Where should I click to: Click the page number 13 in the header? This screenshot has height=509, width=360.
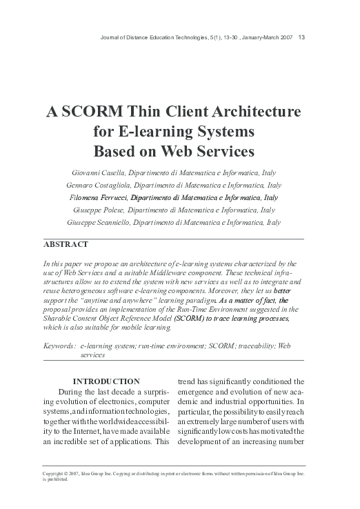[x=302, y=37]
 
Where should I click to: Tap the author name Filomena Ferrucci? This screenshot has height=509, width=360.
[x=104, y=198]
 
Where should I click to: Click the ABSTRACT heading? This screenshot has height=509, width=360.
[x=66, y=245]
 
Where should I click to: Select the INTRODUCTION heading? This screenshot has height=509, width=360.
[x=106, y=381]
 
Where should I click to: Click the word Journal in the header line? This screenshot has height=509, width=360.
[x=112, y=37]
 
